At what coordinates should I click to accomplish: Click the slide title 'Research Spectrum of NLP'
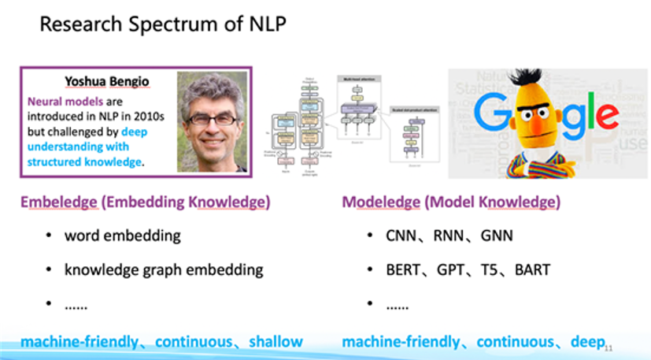tap(162, 24)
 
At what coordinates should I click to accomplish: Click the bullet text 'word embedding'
tap(123, 236)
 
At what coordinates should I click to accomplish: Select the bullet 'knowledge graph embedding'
tap(164, 269)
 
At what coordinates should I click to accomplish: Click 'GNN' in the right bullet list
tap(490, 236)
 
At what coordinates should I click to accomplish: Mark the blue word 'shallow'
tap(276, 342)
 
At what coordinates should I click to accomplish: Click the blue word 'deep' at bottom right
tap(587, 341)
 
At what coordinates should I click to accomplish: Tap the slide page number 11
tap(608, 346)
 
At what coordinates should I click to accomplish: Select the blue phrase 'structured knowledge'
tap(85, 162)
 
